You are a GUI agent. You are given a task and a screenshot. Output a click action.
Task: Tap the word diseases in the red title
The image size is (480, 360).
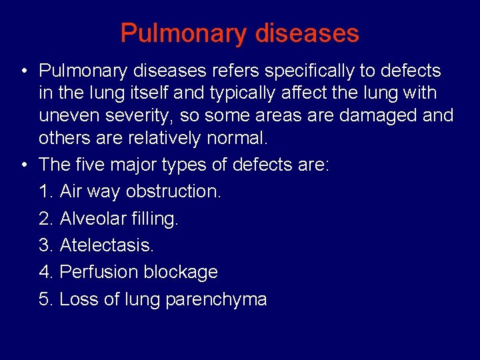point(316,33)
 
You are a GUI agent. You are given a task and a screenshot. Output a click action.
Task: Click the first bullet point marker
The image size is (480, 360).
point(23,71)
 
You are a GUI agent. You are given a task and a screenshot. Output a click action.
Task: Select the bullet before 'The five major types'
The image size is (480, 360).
point(23,164)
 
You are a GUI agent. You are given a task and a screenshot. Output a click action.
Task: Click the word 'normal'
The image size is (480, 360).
point(245,139)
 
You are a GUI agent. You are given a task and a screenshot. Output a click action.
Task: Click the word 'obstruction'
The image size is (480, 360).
point(173,191)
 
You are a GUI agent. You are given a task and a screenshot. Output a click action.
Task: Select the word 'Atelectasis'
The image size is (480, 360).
point(107,245)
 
